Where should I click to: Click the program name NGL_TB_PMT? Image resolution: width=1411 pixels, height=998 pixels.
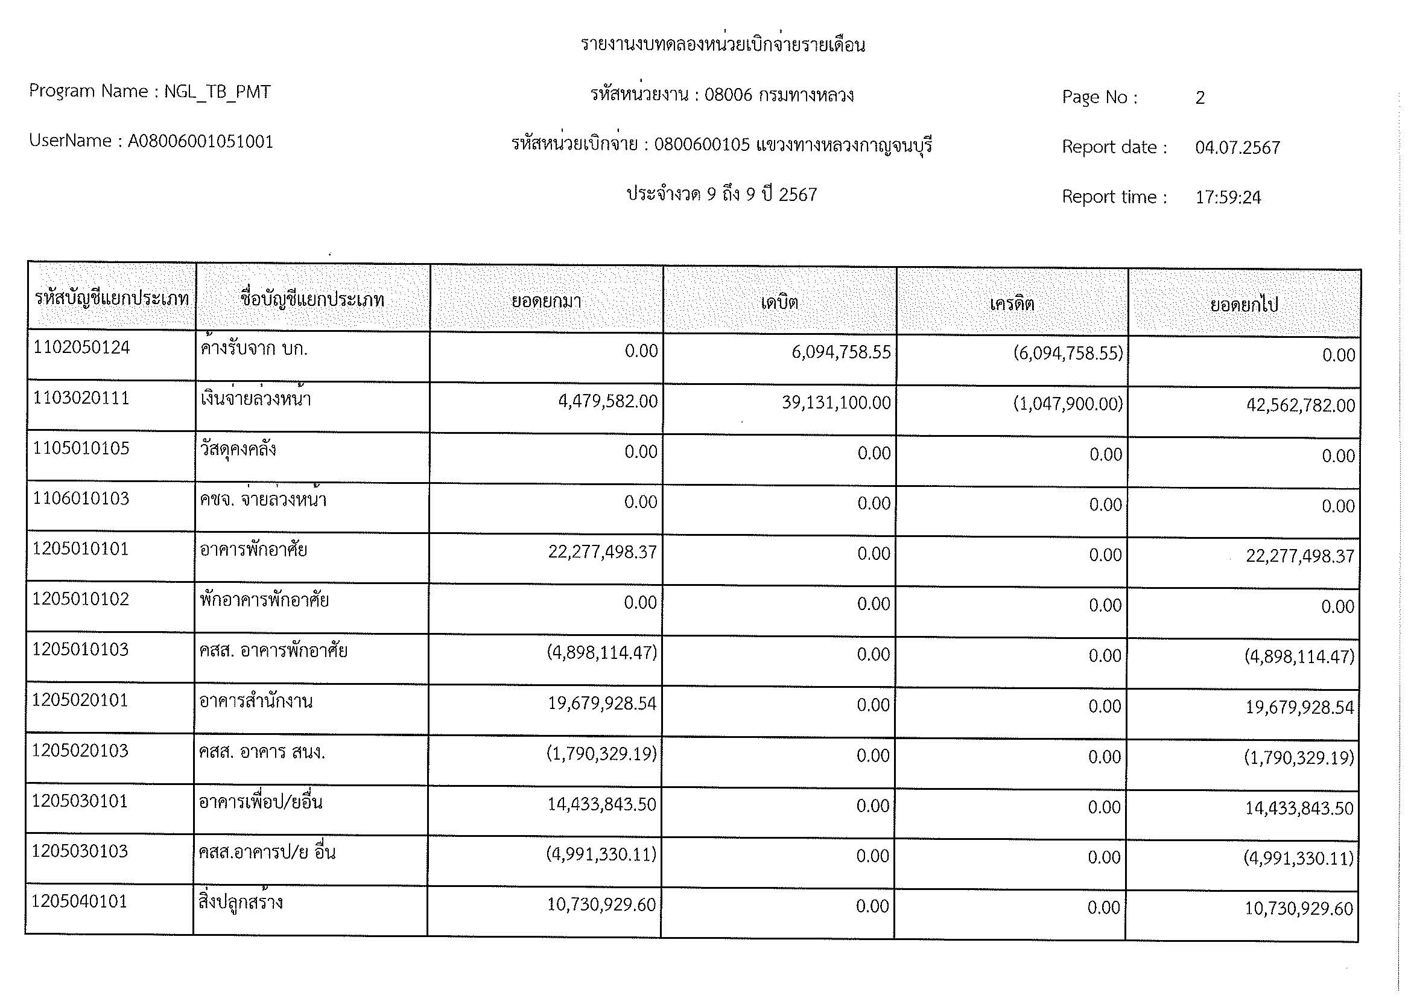[x=217, y=92]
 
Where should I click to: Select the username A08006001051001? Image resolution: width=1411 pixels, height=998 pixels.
[x=200, y=142]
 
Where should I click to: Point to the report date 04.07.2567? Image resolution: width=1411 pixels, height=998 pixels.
[x=1237, y=147]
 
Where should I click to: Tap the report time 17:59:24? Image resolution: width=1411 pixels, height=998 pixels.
[x=1228, y=197]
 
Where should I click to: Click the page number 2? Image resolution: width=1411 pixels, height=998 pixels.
[x=1200, y=98]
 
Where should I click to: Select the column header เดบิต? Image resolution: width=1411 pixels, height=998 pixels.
[x=779, y=302]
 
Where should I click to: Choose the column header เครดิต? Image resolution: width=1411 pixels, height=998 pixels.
[x=1012, y=304]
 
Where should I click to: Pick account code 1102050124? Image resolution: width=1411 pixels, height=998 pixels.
[x=81, y=348]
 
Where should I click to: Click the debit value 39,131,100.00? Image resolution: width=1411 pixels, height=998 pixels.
[x=836, y=403]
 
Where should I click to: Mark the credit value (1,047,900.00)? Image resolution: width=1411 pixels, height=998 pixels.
[x=1068, y=404]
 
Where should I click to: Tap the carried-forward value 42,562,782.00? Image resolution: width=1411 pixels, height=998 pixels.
[x=1301, y=405]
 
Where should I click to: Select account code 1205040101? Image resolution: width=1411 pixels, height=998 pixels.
[x=79, y=901]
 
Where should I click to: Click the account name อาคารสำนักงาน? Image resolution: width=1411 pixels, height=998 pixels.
[x=256, y=701]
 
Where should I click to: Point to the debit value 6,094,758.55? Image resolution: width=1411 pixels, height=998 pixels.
[x=841, y=352]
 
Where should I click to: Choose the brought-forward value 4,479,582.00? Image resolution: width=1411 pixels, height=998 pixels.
[x=607, y=401]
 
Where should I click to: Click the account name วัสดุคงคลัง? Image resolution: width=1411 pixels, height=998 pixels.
[x=238, y=450]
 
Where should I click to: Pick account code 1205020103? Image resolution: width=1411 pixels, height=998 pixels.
[x=80, y=751]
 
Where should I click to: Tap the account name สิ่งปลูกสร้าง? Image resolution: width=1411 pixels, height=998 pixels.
[x=240, y=903]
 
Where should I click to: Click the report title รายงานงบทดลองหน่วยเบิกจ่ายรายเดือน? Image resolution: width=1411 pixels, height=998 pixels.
[x=723, y=45]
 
